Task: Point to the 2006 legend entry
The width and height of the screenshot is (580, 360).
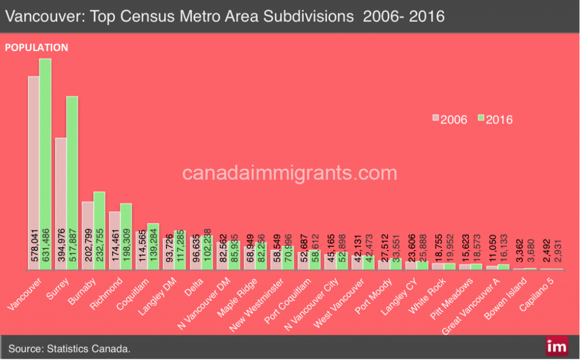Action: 450,119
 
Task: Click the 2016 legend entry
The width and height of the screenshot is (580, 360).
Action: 496,119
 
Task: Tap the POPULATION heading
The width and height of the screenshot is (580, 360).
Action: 37,48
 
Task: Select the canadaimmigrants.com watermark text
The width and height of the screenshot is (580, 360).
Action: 289,172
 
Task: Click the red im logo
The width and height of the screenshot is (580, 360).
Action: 556,346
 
